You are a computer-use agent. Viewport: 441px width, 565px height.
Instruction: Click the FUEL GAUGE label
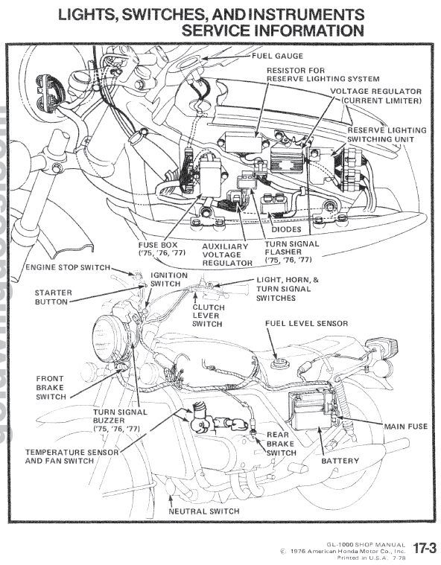pyautogui.click(x=277, y=56)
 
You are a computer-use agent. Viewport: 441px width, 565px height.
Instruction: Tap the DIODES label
pyautogui.click(x=286, y=229)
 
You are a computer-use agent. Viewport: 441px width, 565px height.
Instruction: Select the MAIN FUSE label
pyautogui.click(x=406, y=427)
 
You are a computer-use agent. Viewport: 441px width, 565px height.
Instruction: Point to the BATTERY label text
pyautogui.click(x=340, y=461)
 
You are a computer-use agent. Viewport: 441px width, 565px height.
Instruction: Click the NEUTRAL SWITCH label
pyautogui.click(x=204, y=511)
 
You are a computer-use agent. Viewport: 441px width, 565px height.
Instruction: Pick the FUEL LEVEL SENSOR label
pyautogui.click(x=306, y=323)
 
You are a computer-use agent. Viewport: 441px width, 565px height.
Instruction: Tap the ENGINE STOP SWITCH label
pyautogui.click(x=68, y=267)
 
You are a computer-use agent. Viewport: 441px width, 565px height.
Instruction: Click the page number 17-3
pyautogui.click(x=425, y=548)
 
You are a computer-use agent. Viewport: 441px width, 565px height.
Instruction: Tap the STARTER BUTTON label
pyautogui.click(x=54, y=297)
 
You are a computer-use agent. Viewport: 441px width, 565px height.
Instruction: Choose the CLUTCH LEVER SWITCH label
pyautogui.click(x=208, y=316)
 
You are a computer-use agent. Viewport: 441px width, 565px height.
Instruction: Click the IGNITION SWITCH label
pyautogui.click(x=169, y=280)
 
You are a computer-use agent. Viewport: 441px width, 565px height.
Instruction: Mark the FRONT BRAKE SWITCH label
pyautogui.click(x=51, y=388)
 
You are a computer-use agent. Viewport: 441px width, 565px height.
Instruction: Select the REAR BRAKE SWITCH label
pyautogui.click(x=282, y=444)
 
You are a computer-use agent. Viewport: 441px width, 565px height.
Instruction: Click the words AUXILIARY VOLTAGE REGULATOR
pyautogui.click(x=226, y=255)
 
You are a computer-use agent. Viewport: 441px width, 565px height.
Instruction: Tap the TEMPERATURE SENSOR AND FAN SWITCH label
pyautogui.click(x=72, y=456)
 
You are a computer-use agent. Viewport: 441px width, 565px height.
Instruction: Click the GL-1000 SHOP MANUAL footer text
pyautogui.click(x=366, y=544)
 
